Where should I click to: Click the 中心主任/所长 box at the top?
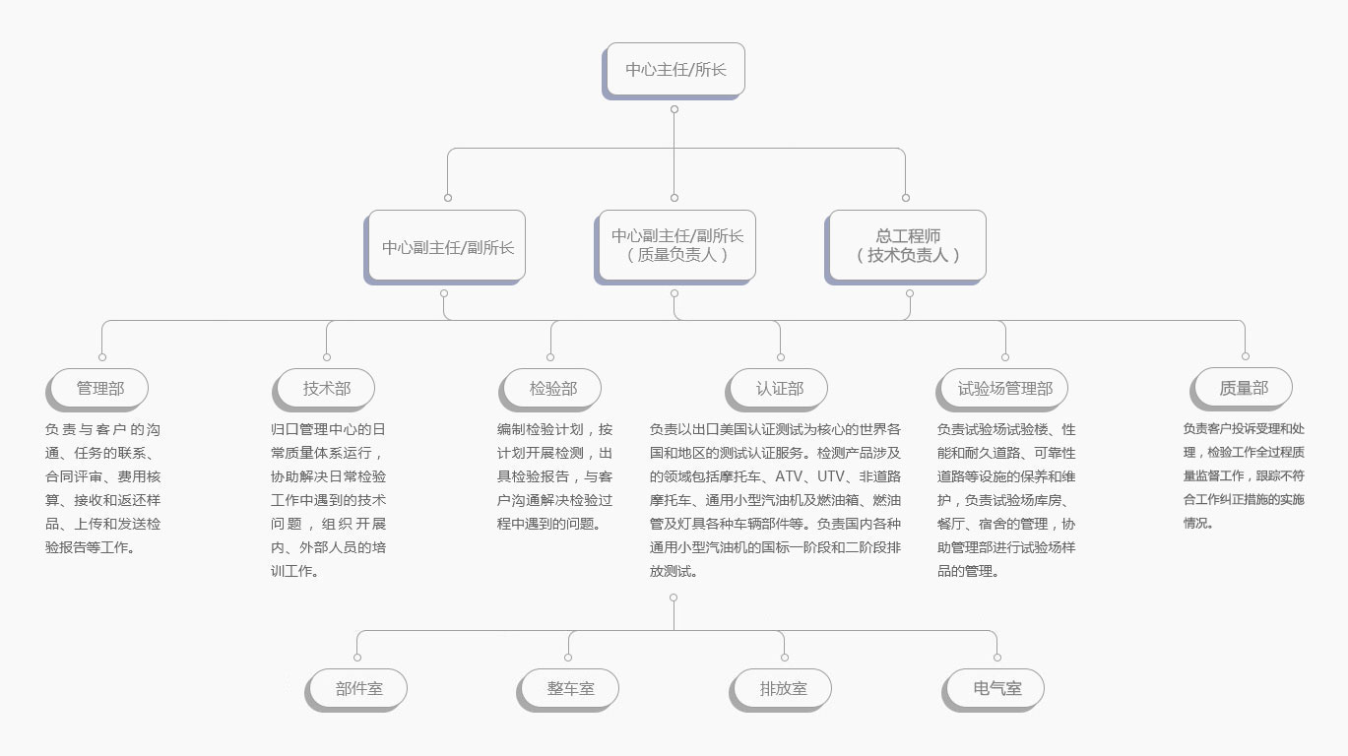674,70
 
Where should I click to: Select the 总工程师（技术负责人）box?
906,247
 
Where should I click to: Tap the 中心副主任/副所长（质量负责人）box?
675,247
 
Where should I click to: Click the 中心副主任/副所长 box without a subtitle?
445,247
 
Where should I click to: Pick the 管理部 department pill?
97,390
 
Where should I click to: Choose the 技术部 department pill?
324,390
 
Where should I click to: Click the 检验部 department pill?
550,390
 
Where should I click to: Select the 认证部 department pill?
777,390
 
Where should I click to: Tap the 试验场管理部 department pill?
1002,390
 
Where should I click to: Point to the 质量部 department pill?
1242,389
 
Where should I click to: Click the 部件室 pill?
356,690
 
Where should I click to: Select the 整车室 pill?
568,690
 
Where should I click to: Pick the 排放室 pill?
781,690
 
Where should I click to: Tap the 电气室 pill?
994,690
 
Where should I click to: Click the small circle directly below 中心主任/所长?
674,109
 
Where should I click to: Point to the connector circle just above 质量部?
1246,356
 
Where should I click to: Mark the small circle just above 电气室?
997,658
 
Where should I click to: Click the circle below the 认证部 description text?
674,598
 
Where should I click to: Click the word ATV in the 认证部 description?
789,476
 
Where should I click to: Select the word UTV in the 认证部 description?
831,476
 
